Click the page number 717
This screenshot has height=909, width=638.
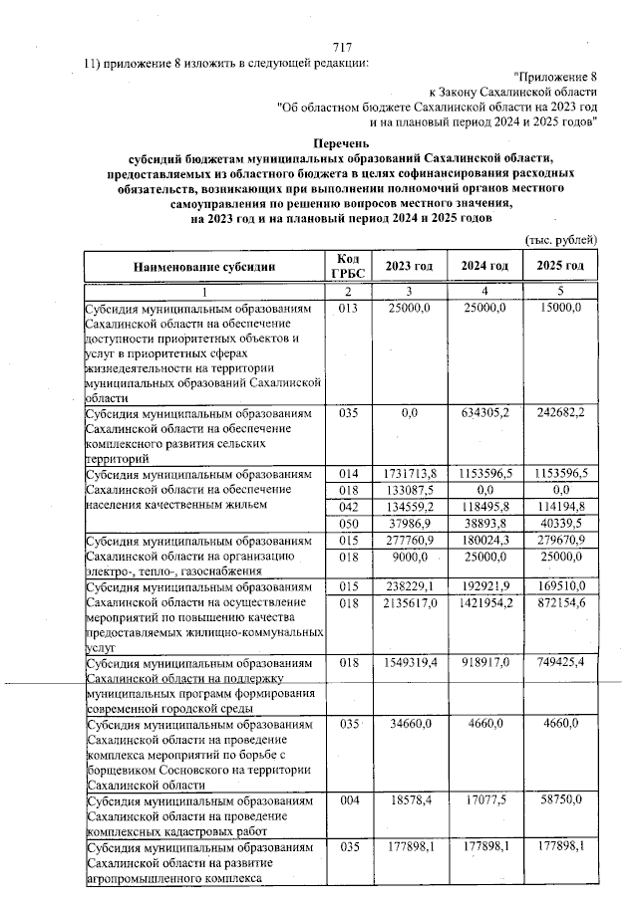pos(343,47)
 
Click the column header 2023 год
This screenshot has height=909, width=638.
pos(409,266)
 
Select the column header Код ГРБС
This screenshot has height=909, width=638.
pos(347,266)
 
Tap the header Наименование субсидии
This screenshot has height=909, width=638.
pos(206,266)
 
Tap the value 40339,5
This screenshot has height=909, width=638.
pos(563,525)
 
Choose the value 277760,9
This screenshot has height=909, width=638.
pos(411,543)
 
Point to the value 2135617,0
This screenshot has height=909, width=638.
pos(409,602)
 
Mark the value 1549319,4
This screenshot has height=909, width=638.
pos(409,663)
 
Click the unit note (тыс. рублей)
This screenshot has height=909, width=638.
pos(560,239)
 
